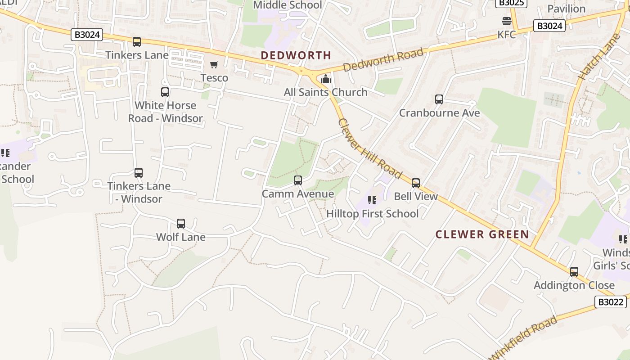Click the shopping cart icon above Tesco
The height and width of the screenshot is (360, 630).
[214, 65]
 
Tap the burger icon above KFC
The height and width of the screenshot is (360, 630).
[506, 21]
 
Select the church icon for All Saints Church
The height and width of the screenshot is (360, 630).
[326, 79]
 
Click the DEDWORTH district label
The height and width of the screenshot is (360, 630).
[296, 55]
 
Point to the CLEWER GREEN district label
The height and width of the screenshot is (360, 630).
[482, 234]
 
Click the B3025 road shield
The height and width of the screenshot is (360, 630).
[511, 3]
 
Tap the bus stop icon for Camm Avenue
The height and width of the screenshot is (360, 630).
[297, 180]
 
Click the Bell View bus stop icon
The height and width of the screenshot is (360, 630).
[416, 183]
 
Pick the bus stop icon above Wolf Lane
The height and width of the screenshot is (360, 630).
[181, 224]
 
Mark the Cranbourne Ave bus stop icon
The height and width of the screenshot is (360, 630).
[439, 99]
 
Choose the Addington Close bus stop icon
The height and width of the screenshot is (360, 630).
[574, 272]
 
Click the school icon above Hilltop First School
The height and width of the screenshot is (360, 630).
[372, 200]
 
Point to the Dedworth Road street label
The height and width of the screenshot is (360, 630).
[383, 60]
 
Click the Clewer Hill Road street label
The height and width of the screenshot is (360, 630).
[369, 148]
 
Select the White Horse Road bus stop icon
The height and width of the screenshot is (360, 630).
[165, 92]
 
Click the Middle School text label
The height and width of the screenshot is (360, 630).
[288, 5]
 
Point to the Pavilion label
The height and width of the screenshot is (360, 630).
[566, 9]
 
